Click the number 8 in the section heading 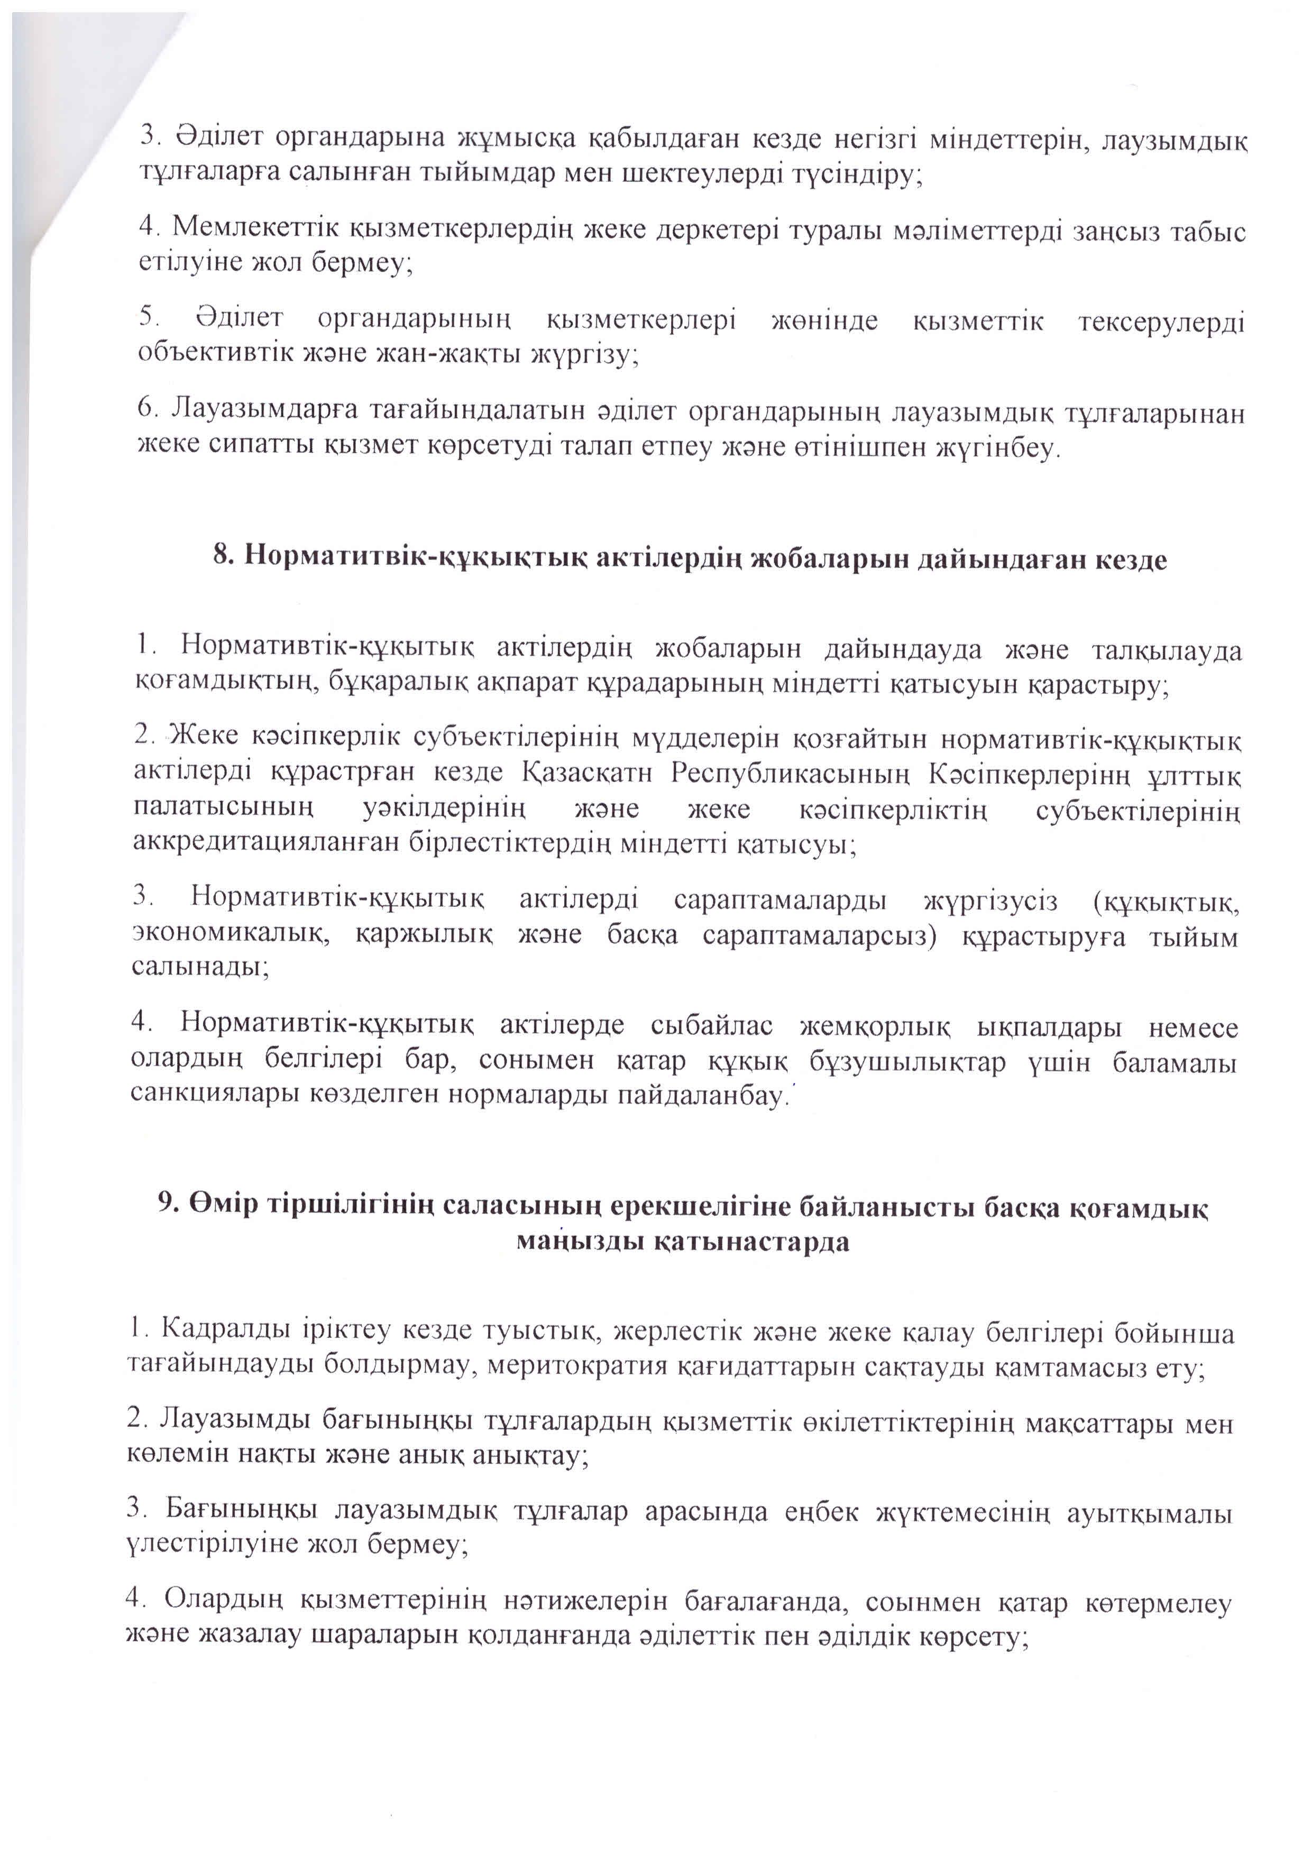click(x=221, y=557)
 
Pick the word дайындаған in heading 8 click(x=1000, y=557)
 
